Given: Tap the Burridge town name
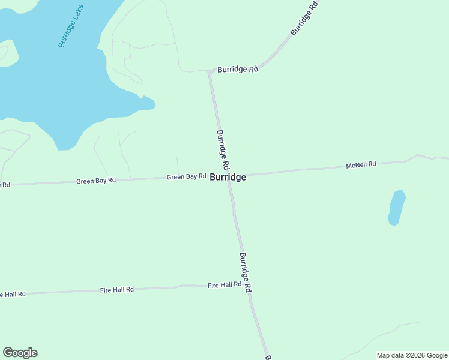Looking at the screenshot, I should [x=228, y=178].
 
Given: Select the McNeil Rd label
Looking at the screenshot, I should [x=361, y=164].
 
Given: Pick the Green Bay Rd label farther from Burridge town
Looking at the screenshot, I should [x=95, y=181].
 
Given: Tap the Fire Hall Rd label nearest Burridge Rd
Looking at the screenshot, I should [x=224, y=285].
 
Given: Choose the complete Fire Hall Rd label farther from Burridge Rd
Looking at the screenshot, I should [x=116, y=290].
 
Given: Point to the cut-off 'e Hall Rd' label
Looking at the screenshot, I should [x=12, y=294].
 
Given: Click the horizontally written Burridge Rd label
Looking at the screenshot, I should [x=238, y=70].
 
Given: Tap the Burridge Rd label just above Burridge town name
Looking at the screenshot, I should [x=223, y=149].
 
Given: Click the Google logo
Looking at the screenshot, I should [x=20, y=353].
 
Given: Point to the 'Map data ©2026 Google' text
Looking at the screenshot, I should [x=412, y=355].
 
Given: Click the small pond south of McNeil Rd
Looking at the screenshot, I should [x=396, y=208].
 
